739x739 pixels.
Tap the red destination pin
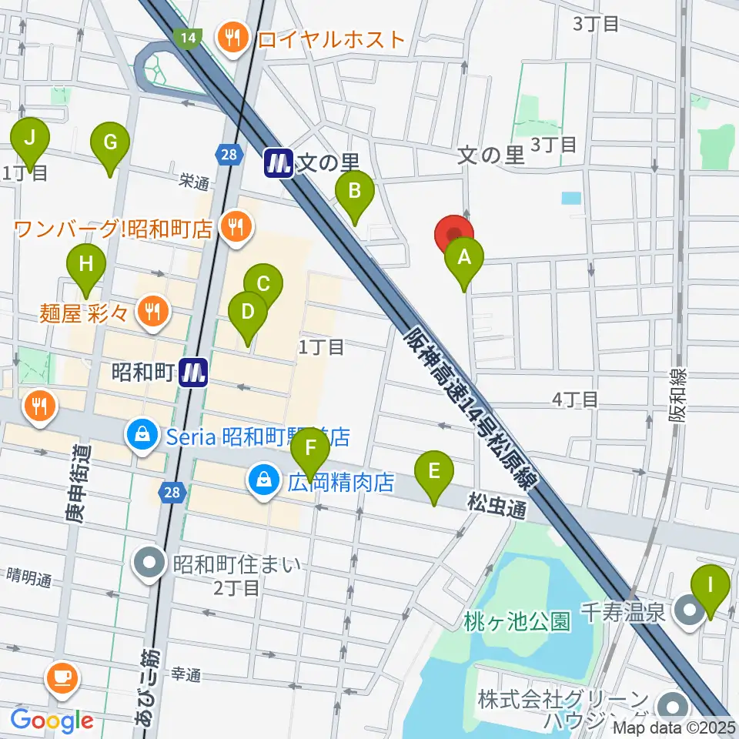454,234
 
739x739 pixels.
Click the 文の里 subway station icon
279,162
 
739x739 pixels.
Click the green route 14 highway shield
187,37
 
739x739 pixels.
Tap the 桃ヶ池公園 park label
517,621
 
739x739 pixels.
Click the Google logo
52,721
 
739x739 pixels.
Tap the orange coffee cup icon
62,677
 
